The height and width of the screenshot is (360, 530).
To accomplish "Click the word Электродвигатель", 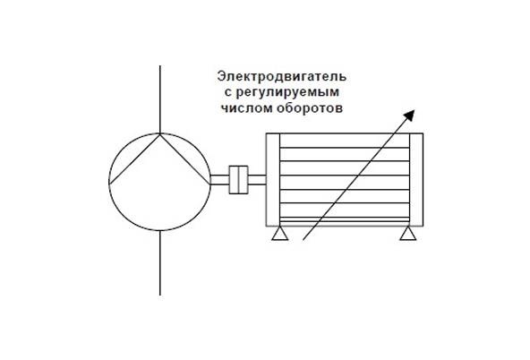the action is tap(281, 76).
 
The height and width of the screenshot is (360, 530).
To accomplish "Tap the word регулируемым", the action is tap(287, 92).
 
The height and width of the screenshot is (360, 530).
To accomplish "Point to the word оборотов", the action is tap(310, 108).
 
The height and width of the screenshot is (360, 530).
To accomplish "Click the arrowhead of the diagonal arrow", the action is tap(409, 116).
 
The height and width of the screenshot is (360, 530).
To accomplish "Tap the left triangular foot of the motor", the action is tap(280, 234).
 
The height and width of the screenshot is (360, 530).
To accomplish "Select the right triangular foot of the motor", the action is tap(408, 234).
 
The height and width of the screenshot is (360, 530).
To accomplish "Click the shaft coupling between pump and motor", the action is tap(238, 180).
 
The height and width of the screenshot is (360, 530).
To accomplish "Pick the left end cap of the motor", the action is tap(273, 179).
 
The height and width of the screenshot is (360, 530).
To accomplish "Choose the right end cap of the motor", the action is tap(416, 179).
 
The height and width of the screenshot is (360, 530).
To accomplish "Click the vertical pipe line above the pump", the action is tap(160, 99).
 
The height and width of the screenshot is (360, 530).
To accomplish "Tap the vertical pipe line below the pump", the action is tap(160, 262).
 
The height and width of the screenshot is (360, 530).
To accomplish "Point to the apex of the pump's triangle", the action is tap(160, 134).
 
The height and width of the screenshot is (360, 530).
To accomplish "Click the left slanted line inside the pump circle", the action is tap(134, 159).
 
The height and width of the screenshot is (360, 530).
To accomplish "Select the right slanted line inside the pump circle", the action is tap(185, 159).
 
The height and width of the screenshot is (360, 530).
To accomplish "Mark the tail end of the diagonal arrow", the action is tap(303, 240).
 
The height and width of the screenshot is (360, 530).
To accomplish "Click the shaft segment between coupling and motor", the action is tap(257, 180).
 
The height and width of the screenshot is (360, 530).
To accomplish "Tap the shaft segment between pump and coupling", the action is tap(219, 180).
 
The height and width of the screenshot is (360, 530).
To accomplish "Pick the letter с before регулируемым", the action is tap(227, 93).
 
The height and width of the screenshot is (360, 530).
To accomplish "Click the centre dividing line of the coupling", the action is tap(238, 180).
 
